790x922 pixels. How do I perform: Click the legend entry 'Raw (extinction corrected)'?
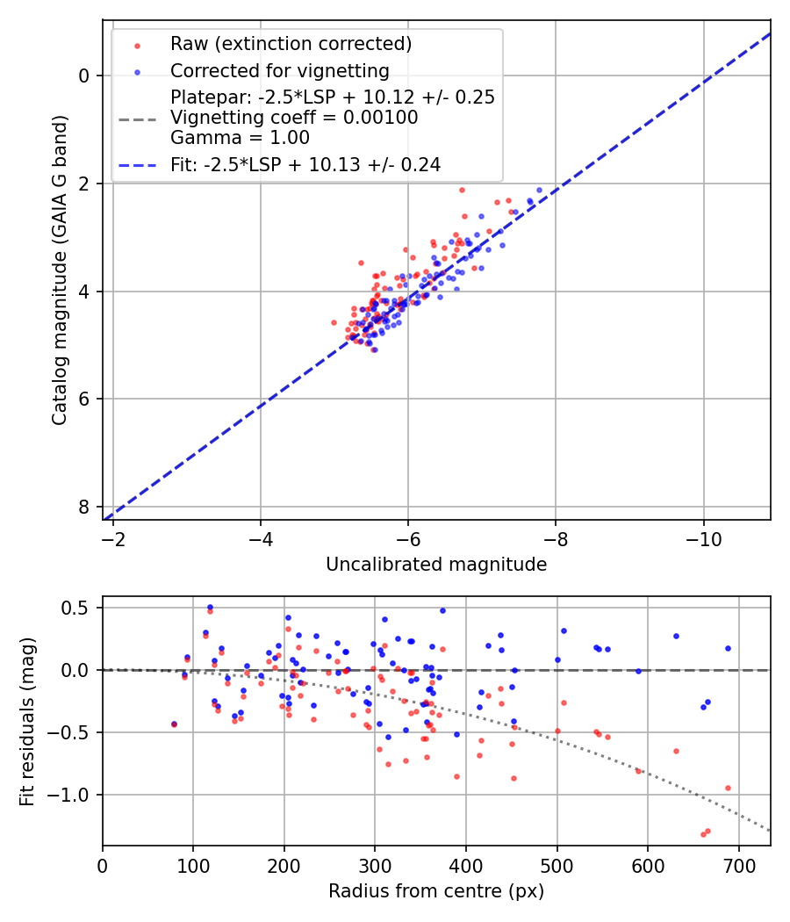[x=291, y=44]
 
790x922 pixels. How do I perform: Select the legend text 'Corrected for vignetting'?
[x=279, y=70]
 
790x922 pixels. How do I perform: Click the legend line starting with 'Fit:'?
[x=305, y=164]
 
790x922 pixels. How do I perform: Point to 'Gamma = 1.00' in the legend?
[x=240, y=137]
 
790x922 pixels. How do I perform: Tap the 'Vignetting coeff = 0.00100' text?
[x=294, y=118]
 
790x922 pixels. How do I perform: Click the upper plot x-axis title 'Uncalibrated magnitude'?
[x=436, y=565]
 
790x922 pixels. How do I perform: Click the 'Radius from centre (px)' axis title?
[x=436, y=891]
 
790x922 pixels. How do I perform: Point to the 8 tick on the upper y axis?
[x=84, y=507]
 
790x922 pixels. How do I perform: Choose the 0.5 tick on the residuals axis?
[x=79, y=608]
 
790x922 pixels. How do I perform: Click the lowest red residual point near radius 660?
[x=704, y=834]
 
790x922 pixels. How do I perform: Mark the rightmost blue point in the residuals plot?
[x=728, y=648]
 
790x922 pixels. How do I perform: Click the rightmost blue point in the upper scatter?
[x=540, y=190]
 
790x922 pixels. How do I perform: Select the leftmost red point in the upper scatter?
[x=334, y=322]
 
